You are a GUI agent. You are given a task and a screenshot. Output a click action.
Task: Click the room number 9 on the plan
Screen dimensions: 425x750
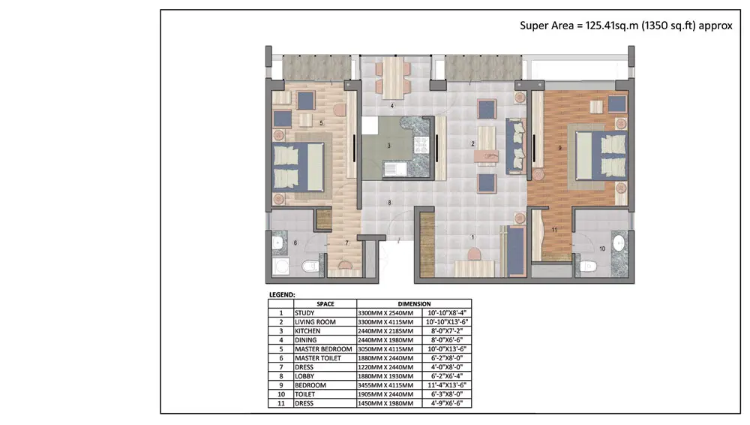[559, 149]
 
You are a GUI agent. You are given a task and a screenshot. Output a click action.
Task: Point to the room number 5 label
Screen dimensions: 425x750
[321, 122]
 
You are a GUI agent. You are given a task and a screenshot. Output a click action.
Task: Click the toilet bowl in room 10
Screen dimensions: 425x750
[589, 266]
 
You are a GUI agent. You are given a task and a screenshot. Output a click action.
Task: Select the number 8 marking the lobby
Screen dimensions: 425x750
[389, 203]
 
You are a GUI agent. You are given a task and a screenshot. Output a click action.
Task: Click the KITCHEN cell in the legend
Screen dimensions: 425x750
[307, 331]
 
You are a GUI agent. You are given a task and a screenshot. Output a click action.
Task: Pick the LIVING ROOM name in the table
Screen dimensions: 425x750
[315, 322]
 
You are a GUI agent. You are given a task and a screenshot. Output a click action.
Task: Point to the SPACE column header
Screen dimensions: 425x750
[325, 304]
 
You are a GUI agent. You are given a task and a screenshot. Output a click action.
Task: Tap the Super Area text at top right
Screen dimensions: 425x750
[625, 26]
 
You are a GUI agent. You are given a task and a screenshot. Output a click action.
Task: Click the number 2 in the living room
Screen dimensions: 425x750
[472, 143]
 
